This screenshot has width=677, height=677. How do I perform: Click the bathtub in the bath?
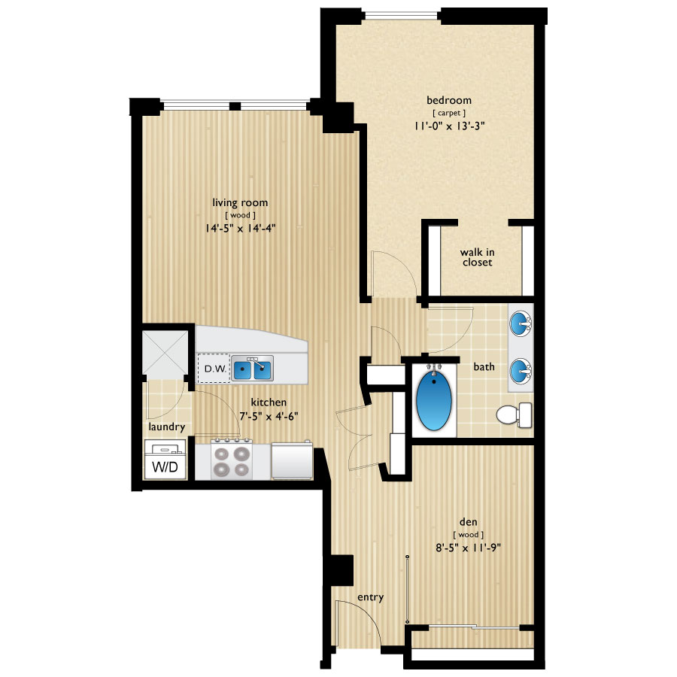pyautogui.click(x=434, y=400)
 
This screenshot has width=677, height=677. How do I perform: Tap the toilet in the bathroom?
pyautogui.click(x=515, y=415)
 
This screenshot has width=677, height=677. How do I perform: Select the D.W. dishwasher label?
pyautogui.click(x=215, y=369)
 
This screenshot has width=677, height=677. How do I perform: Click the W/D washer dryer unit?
pyautogui.click(x=165, y=460)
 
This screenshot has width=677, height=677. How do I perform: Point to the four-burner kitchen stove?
pyautogui.click(x=232, y=460)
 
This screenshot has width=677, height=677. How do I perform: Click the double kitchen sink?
pyautogui.click(x=252, y=369)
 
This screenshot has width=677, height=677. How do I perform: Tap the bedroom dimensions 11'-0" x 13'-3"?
pyautogui.click(x=450, y=126)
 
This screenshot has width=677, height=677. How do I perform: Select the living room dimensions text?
pyautogui.click(x=240, y=227)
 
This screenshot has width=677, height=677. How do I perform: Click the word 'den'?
pyautogui.click(x=469, y=521)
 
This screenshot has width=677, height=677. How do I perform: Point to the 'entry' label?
pyautogui.click(x=370, y=597)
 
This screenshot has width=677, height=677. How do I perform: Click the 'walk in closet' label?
pyautogui.click(x=477, y=257)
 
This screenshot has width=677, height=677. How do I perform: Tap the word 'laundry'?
pyautogui.click(x=167, y=427)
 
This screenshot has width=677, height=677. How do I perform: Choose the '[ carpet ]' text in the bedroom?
pyautogui.click(x=449, y=113)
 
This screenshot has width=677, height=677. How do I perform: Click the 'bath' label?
pyautogui.click(x=484, y=366)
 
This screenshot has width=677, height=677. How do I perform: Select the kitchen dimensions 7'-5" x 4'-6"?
pyautogui.click(x=269, y=416)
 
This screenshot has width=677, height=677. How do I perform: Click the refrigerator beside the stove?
pyautogui.click(x=292, y=460)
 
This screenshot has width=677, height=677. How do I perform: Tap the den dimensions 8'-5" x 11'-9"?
pyautogui.click(x=469, y=548)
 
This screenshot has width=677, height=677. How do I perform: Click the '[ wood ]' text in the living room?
pyautogui.click(x=240, y=215)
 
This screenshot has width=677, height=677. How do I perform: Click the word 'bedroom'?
pyautogui.click(x=449, y=100)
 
